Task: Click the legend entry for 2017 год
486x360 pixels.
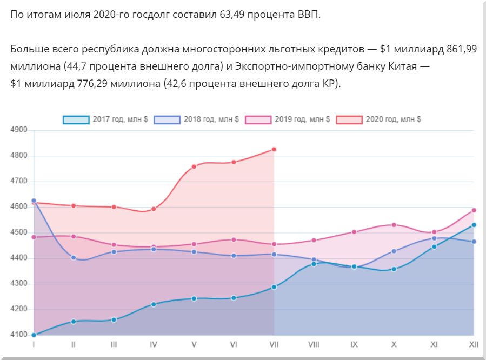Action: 105,119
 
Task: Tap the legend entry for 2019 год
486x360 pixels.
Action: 287,119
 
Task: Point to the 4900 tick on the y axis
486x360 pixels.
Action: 19,130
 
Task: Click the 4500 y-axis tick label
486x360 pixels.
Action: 19,233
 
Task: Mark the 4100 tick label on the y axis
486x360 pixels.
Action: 19,335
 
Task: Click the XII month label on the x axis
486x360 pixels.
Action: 474,344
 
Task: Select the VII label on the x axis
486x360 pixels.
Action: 274,344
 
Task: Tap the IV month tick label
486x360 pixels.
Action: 154,344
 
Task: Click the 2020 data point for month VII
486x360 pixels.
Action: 274,149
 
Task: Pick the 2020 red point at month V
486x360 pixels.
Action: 194,166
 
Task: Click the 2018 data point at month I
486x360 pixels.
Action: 34,201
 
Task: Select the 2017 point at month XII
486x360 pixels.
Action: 474,225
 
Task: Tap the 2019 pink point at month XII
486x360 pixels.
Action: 474,210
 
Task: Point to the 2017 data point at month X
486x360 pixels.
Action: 394,269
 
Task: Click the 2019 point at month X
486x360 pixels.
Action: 394,225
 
